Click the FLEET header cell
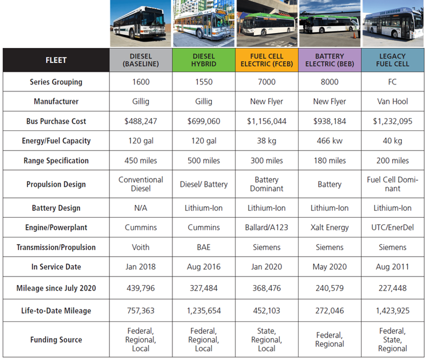coord(56,60)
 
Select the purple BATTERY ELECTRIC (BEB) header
coord(329,60)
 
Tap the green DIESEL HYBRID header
coord(203,60)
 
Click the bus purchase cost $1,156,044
coord(266,121)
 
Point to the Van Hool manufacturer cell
coord(392,101)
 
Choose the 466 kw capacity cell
coord(329,141)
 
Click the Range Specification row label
coord(56,160)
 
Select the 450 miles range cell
coord(140,160)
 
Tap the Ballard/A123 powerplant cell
coord(266,227)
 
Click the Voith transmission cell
coord(140,247)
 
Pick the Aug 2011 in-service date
coord(392,267)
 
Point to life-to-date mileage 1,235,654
coord(203,310)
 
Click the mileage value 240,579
coord(329,288)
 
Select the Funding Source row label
coord(56,339)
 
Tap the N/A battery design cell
coord(140,208)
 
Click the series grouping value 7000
coord(266,82)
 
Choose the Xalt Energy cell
coord(329,227)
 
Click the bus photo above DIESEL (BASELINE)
coord(140,23)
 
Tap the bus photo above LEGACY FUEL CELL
coord(392,23)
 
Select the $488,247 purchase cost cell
coord(140,121)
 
